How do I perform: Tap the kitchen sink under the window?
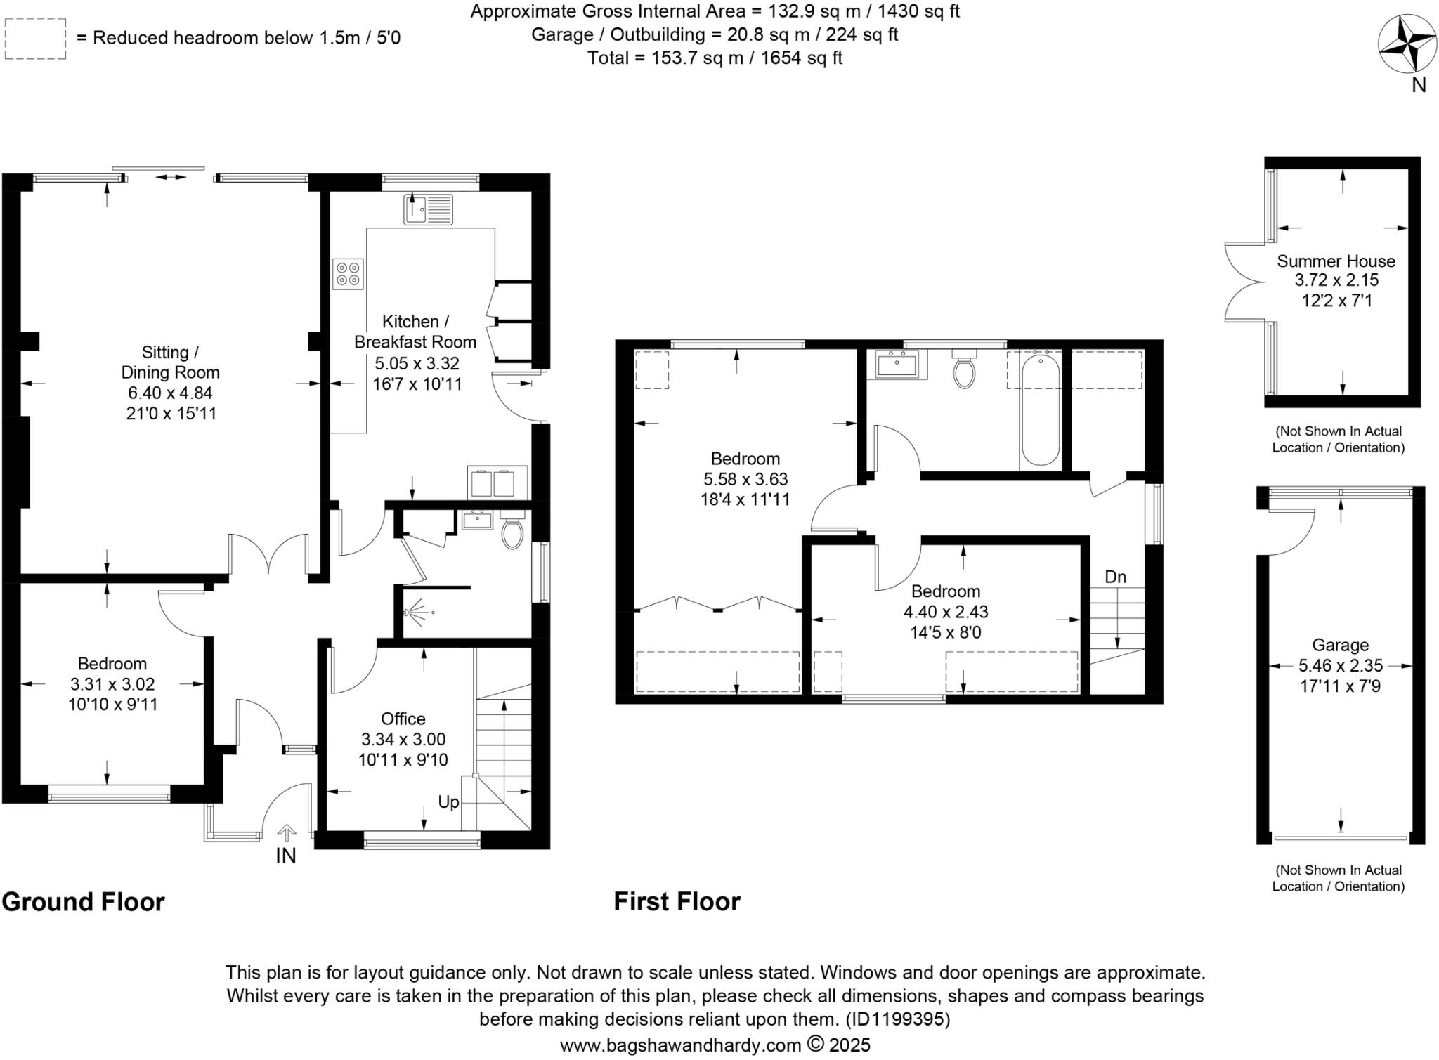(x=428, y=209)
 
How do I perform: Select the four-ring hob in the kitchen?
(x=348, y=274)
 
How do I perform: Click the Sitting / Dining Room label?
(x=170, y=362)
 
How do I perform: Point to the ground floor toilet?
(x=512, y=532)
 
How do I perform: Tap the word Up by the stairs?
(x=448, y=801)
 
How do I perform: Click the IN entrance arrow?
(x=286, y=834)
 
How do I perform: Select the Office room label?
(x=403, y=719)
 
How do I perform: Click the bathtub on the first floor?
(x=1040, y=410)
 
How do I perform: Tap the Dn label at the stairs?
(x=1115, y=577)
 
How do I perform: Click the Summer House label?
(x=1336, y=261)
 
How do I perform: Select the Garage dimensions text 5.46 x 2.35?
(x=1340, y=665)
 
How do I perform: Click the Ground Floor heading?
(x=83, y=901)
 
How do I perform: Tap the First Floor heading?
(x=677, y=901)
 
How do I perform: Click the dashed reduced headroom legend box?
(x=35, y=39)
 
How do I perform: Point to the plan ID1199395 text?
(x=897, y=1019)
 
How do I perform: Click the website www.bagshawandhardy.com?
(x=680, y=1045)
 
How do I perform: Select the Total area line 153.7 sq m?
(x=715, y=58)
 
